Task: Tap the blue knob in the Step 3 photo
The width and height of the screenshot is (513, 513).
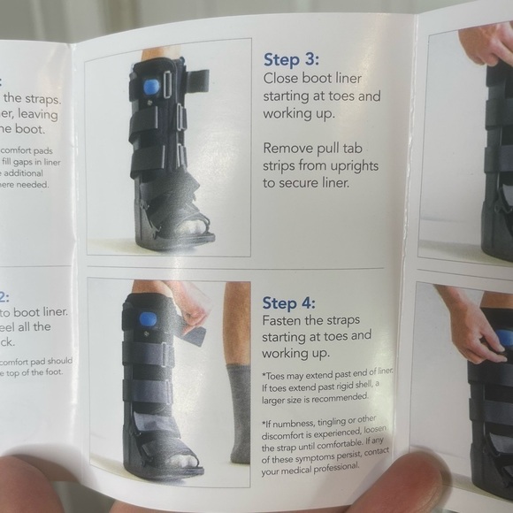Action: pyautogui.click(x=153, y=87)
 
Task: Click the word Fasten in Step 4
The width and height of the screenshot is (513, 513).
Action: pyautogui.click(x=284, y=319)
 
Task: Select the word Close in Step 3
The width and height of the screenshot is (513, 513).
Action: pyautogui.click(x=283, y=78)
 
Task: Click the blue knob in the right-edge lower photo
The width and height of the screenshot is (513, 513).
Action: pyautogui.click(x=504, y=337)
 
